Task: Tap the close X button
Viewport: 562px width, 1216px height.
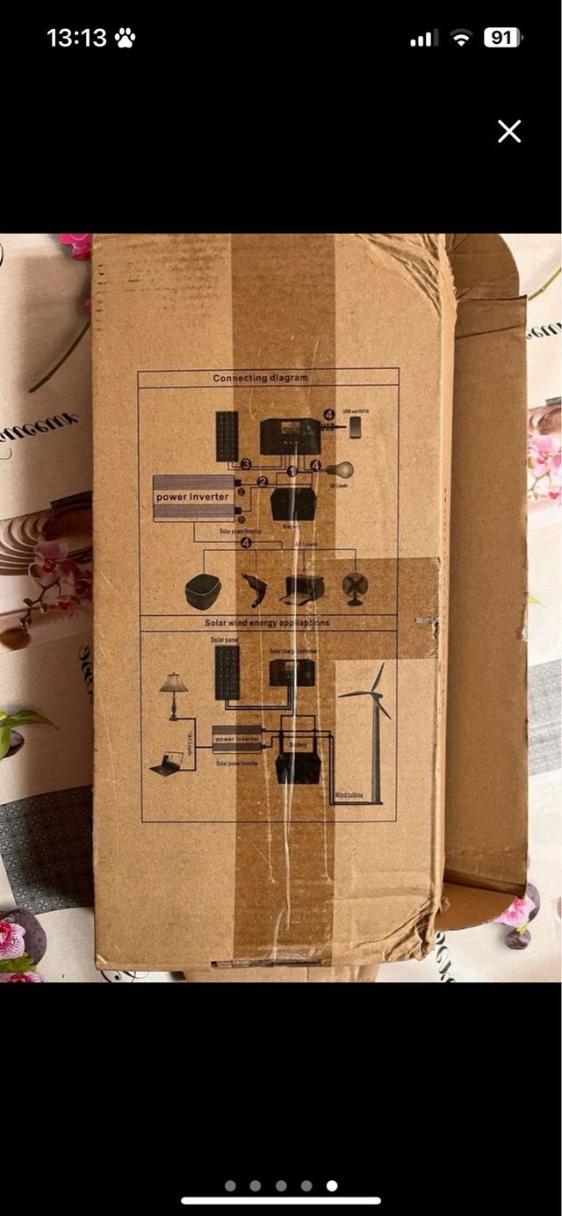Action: point(509,132)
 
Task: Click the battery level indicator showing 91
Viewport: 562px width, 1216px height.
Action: point(502,38)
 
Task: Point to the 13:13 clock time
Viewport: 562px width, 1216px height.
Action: point(76,38)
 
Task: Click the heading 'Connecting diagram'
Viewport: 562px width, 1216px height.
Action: point(261,379)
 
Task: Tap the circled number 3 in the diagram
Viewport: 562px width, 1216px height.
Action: point(246,464)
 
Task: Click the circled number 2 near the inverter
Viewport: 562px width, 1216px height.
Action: point(262,481)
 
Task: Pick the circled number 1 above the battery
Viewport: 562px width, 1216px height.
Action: point(292,473)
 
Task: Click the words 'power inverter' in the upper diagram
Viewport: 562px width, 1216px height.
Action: point(192,497)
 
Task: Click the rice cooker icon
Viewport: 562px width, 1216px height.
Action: point(204,591)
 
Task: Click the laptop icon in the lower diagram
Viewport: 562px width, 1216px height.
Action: point(165,765)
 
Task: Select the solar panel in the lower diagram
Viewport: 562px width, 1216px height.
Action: point(227,673)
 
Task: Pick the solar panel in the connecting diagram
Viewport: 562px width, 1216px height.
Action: point(227,436)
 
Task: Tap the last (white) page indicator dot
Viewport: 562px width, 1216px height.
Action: point(332,1185)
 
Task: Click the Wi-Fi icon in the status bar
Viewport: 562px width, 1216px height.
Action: point(460,38)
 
